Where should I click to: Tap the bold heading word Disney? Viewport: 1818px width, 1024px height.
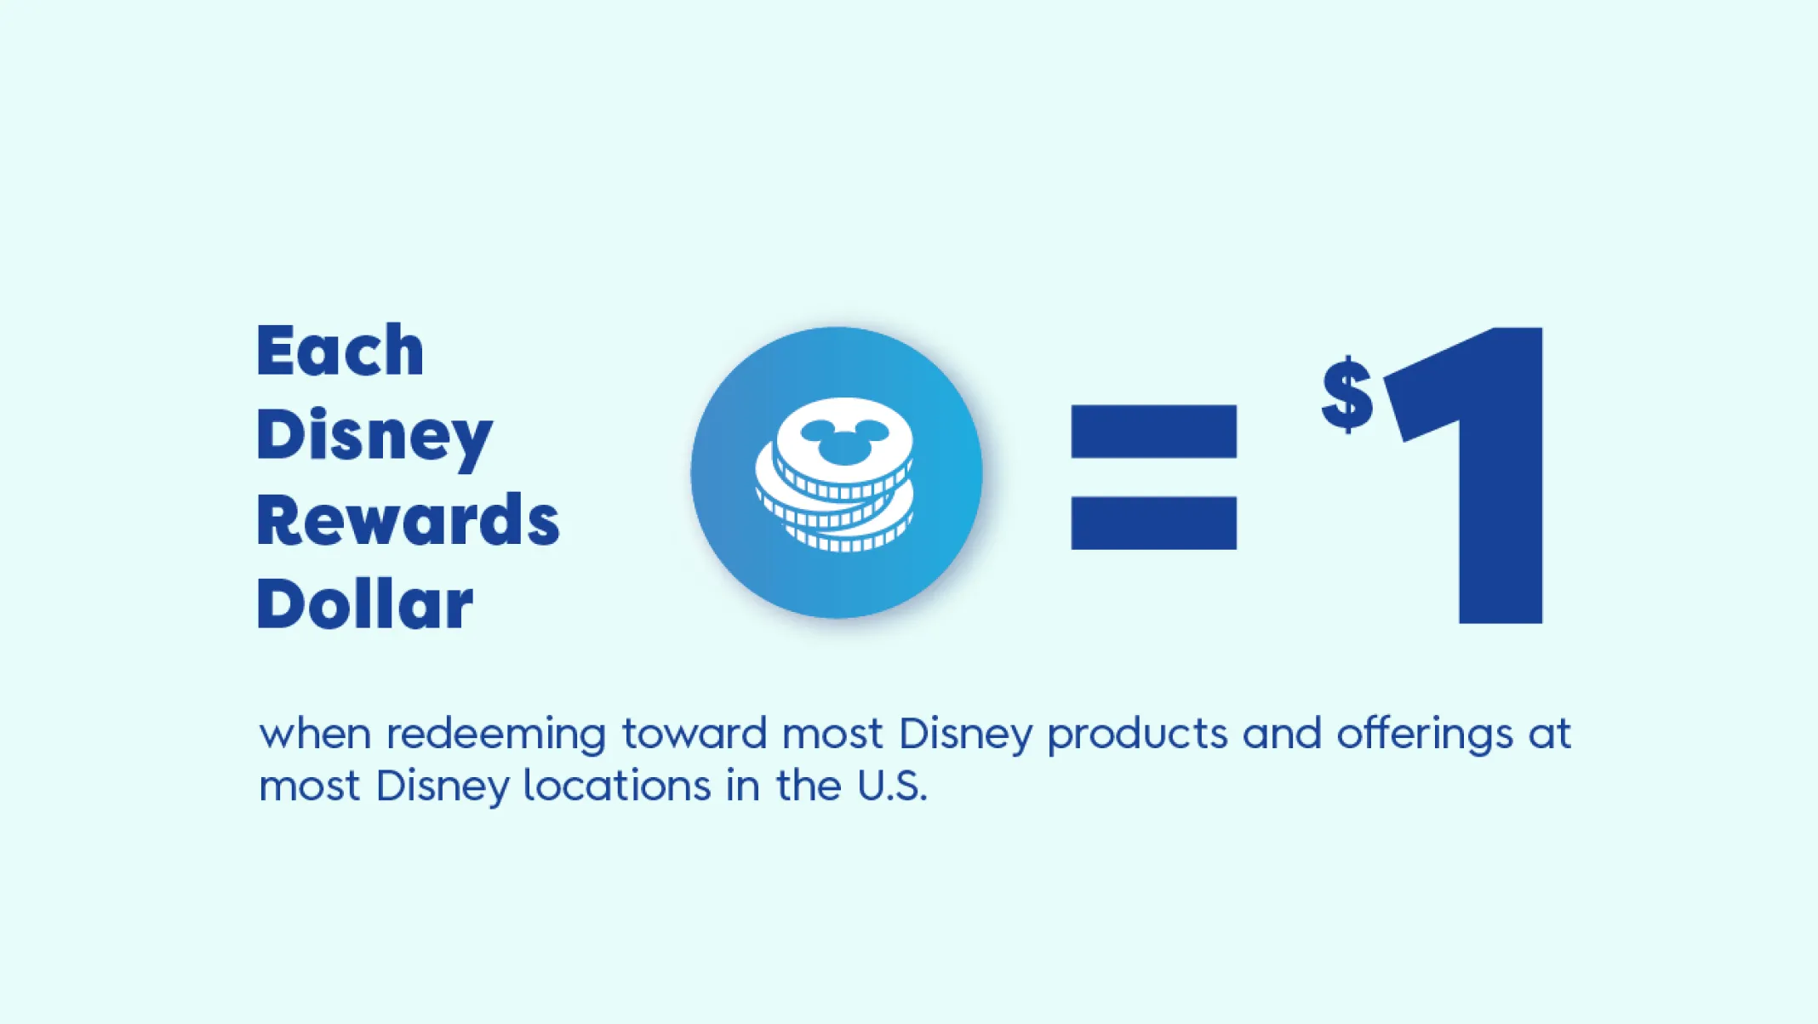pyautogui.click(x=374, y=438)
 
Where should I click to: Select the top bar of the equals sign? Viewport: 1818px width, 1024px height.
pyautogui.click(x=1153, y=432)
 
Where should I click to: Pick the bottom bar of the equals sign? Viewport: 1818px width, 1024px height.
pyautogui.click(x=1153, y=523)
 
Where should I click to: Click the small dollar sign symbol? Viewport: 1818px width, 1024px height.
pyautogui.click(x=1347, y=394)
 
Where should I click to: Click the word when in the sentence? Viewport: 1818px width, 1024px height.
pyautogui.click(x=315, y=734)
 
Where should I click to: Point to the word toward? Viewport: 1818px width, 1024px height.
pyautogui.click(x=695, y=734)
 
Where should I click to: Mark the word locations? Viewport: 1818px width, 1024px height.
pyautogui.click(x=616, y=786)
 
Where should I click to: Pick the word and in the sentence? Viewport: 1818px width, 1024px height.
pyautogui.click(x=1282, y=734)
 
